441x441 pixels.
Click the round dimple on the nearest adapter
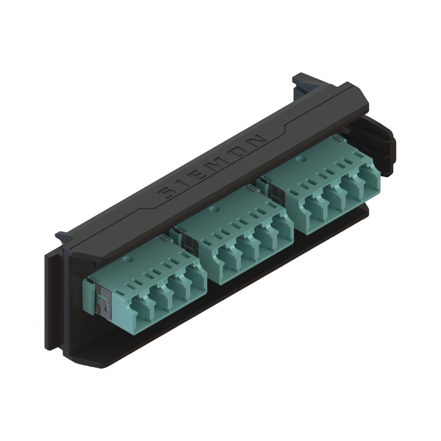coord(128,260)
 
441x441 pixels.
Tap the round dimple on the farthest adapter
coord(301,158)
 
